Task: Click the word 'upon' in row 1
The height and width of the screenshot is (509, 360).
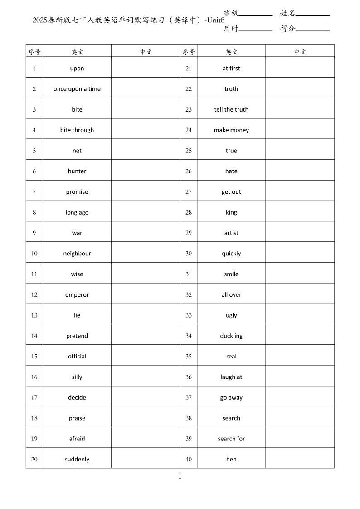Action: pyautogui.click(x=77, y=69)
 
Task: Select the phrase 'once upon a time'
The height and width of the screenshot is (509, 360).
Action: pyautogui.click(x=77, y=89)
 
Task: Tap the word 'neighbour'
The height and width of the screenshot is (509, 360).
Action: pyautogui.click(x=77, y=254)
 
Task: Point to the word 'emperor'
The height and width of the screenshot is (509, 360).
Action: pyautogui.click(x=77, y=295)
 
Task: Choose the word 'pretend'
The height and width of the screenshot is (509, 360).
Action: pyautogui.click(x=77, y=336)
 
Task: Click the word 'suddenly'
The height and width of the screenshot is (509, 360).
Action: pyautogui.click(x=77, y=460)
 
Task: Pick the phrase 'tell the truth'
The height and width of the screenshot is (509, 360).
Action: pyautogui.click(x=231, y=109)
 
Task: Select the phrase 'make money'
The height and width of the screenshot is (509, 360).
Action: pyautogui.click(x=231, y=130)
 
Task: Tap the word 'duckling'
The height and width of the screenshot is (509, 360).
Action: pyautogui.click(x=231, y=336)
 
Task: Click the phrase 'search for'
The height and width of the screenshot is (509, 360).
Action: pyautogui.click(x=231, y=439)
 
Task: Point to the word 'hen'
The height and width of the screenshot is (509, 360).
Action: pyautogui.click(x=231, y=460)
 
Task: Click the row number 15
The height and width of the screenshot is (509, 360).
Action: pyautogui.click(x=34, y=357)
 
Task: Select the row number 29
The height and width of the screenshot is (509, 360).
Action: pyautogui.click(x=189, y=233)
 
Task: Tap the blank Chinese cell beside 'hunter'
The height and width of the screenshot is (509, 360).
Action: pyautogui.click(x=146, y=171)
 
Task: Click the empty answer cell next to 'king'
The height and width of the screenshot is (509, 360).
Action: pyautogui.click(x=300, y=212)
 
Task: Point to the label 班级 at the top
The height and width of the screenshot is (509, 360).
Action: pyautogui.click(x=231, y=13)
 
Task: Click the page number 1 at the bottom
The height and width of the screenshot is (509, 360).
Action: pyautogui.click(x=180, y=476)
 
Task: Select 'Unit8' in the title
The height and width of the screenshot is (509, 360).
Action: pyautogui.click(x=215, y=20)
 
